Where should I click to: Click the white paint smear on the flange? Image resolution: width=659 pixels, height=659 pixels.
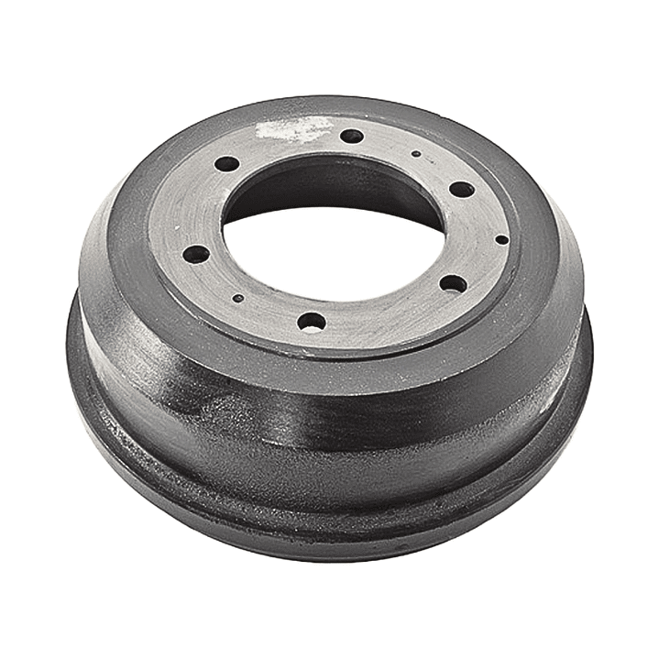point(291,130)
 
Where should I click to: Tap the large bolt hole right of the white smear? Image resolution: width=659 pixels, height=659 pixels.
point(352,137)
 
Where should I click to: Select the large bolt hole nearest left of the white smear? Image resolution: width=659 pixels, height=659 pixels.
point(226,164)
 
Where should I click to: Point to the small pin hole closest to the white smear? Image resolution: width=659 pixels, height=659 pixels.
point(416,154)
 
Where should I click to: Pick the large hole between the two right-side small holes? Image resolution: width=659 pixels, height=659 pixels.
point(462,190)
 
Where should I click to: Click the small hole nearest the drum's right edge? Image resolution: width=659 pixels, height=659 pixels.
point(501,239)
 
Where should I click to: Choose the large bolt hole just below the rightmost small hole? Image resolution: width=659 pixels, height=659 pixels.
point(453,283)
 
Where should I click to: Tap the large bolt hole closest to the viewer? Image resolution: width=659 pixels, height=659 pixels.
point(312,322)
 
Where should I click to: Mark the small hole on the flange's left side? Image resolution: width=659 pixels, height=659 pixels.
point(237,298)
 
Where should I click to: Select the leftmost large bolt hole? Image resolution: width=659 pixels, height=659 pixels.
point(196,254)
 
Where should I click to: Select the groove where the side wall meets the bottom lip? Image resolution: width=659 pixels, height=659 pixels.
point(330,486)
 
